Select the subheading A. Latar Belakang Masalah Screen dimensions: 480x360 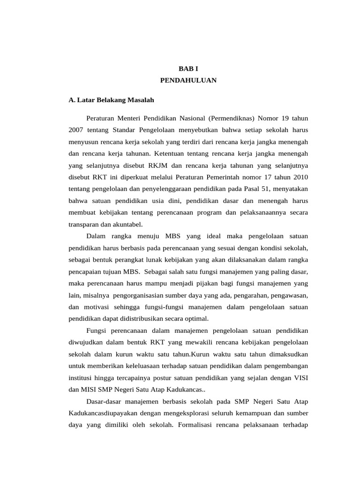[x=111, y=100]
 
